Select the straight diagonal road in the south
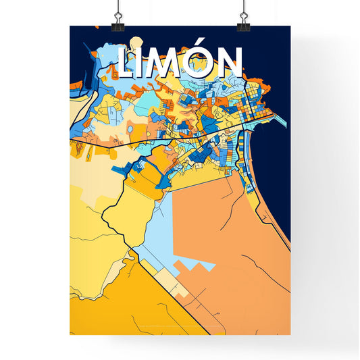click(169, 284)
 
